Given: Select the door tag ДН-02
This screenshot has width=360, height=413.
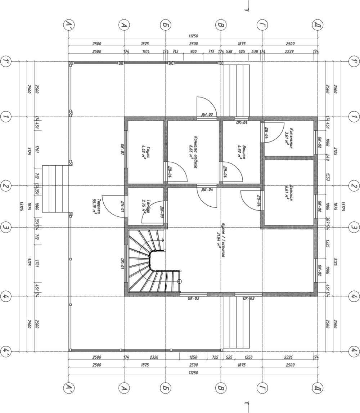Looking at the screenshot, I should (x=208, y=115).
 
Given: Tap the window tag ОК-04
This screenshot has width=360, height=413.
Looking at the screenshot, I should (x=242, y=122).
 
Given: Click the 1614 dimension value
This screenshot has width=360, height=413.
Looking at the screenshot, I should (x=146, y=51).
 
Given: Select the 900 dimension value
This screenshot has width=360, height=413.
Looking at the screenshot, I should (x=193, y=51).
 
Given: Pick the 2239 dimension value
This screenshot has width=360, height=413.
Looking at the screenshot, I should (x=289, y=51).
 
